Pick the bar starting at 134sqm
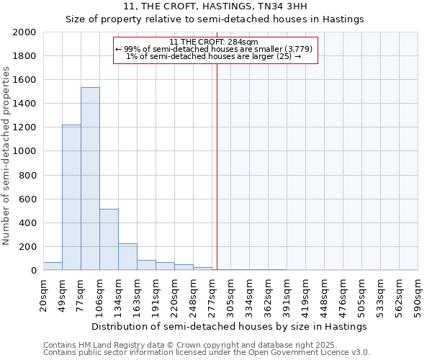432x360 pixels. [x=127, y=256]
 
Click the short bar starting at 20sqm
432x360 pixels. [x=53, y=266]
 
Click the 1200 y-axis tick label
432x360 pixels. [x=25, y=127]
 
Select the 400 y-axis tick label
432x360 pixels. [x=28, y=223]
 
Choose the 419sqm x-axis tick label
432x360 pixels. [x=305, y=293]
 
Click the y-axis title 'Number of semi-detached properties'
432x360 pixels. [x=7, y=156]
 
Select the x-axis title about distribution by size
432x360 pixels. [x=230, y=326]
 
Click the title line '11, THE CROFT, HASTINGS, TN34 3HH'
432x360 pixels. [x=215, y=6]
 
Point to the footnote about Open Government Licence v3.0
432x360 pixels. [x=207, y=352]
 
